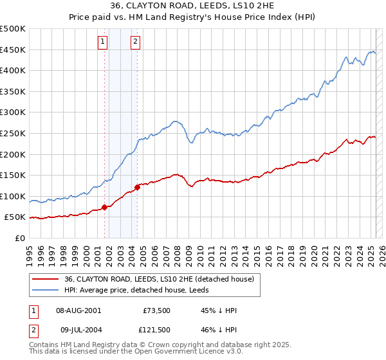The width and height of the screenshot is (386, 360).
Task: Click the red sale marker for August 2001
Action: tap(104, 207)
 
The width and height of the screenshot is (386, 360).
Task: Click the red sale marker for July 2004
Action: tap(137, 187)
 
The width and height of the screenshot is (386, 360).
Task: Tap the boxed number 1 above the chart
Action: tap(103, 42)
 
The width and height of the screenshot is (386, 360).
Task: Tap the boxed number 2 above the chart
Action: tap(136, 42)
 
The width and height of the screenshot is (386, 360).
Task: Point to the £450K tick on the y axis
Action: tap(13, 50)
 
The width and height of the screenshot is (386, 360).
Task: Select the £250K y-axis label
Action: tap(13, 133)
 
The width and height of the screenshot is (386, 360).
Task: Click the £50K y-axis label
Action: tap(15, 217)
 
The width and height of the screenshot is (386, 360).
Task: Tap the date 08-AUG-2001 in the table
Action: tap(78, 310)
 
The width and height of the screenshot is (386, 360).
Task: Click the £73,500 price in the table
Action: tap(157, 310)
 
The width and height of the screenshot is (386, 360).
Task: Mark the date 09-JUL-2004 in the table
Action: tap(78, 330)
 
